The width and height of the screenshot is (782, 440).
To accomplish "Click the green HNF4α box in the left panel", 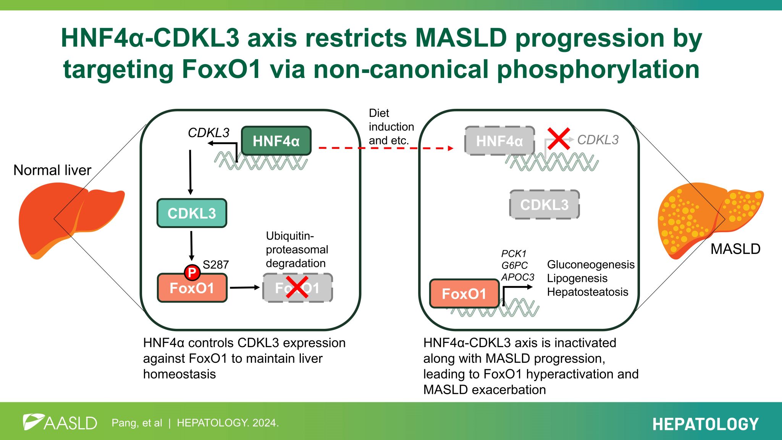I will click(x=276, y=141).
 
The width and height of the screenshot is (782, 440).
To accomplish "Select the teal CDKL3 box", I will click(x=192, y=213).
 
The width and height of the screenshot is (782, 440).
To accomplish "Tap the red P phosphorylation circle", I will click(x=192, y=272).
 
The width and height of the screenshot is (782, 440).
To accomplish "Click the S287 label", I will click(x=216, y=264).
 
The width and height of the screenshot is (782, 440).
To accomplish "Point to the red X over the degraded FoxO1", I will click(x=297, y=288).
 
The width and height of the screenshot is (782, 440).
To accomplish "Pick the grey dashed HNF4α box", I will click(x=499, y=141).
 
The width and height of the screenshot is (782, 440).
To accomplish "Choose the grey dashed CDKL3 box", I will click(x=544, y=205).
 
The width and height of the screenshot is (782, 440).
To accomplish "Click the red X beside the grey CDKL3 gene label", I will click(x=559, y=139).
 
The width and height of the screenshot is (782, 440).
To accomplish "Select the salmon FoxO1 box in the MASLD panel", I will click(x=464, y=293).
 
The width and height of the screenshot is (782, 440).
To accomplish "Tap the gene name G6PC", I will click(x=514, y=265).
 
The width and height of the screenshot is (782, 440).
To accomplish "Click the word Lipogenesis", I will click(x=577, y=278).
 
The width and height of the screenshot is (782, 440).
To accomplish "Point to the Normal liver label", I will click(x=52, y=170).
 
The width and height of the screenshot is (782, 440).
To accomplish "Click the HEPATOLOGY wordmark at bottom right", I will click(x=705, y=424).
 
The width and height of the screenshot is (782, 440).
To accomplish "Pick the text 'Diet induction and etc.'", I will click(x=391, y=127).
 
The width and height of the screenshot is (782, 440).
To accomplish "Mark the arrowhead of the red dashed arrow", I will click(x=450, y=148).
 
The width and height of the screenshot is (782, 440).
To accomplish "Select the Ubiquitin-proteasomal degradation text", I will click(x=297, y=249).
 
